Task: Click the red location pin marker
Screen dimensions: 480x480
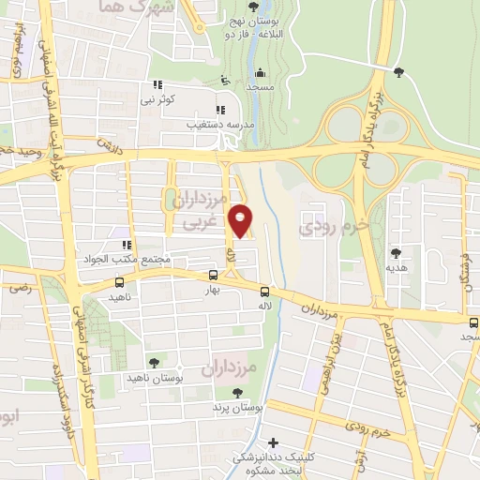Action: coord(241,220)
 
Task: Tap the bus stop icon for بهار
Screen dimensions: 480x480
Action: coord(214,275)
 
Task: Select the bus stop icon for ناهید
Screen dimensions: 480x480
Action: coord(119,281)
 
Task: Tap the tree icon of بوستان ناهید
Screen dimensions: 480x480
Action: coord(154,362)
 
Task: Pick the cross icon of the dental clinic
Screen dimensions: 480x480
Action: coord(273,442)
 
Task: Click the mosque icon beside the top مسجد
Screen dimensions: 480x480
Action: coord(259,73)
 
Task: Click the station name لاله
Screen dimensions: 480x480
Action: coord(265,307)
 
